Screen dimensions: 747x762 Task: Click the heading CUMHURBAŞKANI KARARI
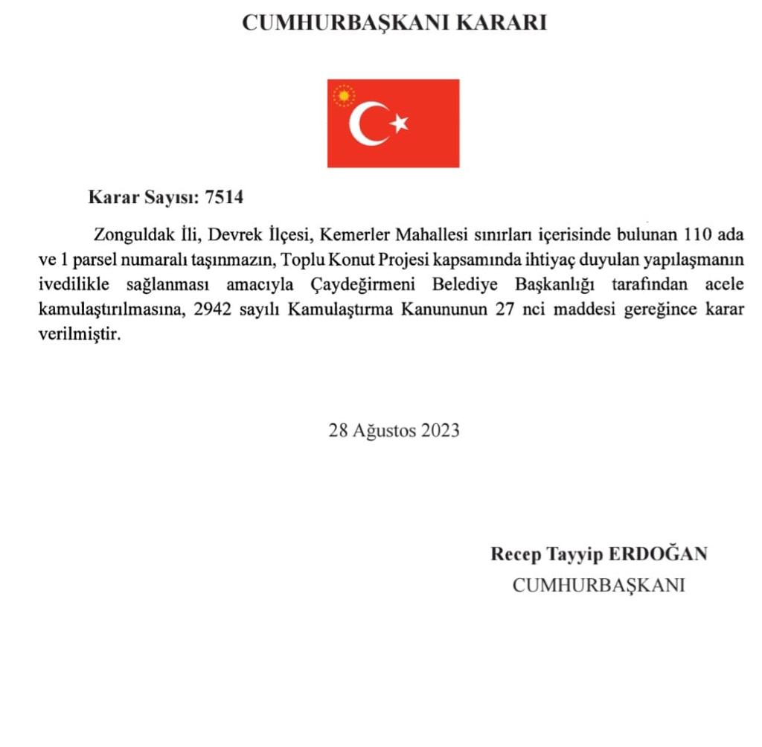click(394, 23)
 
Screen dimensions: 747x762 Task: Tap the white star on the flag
click(400, 124)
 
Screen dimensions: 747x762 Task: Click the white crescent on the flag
click(367, 124)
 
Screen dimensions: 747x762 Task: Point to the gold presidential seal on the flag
click(344, 96)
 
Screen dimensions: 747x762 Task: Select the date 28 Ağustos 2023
click(394, 430)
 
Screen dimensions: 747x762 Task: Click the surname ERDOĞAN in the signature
click(658, 554)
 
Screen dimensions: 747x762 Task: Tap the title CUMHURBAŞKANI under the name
click(598, 586)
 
